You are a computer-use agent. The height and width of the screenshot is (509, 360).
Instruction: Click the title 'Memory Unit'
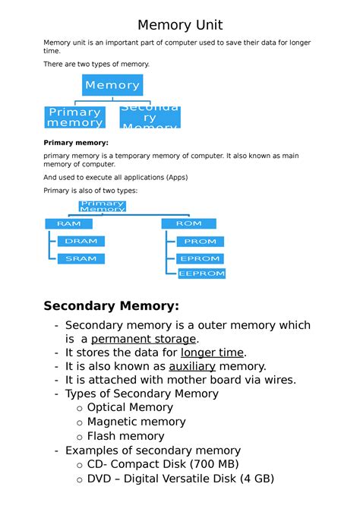tap(180, 25)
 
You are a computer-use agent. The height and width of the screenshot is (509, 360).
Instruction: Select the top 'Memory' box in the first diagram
tap(112, 85)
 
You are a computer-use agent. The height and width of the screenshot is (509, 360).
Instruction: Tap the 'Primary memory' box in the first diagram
tap(74, 117)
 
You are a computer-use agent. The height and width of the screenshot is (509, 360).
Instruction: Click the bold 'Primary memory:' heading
tap(76, 143)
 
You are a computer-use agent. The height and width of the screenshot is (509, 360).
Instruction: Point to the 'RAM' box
tap(68, 223)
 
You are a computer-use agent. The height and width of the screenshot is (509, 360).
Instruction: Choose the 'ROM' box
tap(188, 223)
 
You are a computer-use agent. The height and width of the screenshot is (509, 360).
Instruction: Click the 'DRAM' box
tap(81, 241)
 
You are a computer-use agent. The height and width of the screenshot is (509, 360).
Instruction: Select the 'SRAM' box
tap(81, 258)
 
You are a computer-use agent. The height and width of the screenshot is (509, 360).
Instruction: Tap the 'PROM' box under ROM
tap(201, 242)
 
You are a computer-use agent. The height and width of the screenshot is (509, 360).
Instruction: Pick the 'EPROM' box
tap(201, 258)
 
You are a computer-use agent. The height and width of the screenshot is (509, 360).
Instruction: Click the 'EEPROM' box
tap(201, 273)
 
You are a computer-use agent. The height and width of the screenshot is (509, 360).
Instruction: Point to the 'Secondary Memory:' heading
tap(112, 306)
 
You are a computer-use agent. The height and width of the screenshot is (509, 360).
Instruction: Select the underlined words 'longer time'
tap(212, 353)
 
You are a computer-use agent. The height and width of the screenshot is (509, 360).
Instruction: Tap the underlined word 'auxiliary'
tap(192, 366)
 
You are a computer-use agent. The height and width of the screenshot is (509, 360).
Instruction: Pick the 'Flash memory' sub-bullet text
tap(125, 436)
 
